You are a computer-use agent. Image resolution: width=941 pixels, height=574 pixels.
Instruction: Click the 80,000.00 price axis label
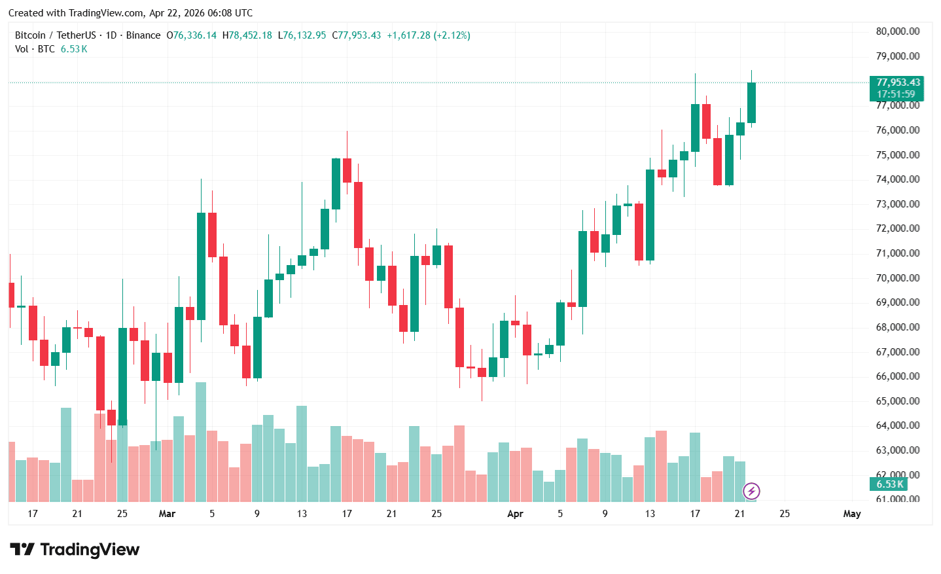click(x=897, y=31)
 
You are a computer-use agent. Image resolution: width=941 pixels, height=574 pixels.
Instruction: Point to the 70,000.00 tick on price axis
click(x=897, y=278)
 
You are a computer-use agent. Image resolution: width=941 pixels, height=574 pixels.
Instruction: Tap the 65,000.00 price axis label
click(x=897, y=401)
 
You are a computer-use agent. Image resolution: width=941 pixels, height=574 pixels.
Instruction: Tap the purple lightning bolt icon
click(x=751, y=491)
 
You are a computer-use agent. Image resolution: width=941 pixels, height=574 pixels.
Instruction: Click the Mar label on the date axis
click(x=167, y=514)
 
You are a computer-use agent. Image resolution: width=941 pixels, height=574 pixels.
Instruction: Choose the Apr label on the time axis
click(x=515, y=514)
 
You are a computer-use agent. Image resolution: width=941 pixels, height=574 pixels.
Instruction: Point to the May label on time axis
click(x=851, y=514)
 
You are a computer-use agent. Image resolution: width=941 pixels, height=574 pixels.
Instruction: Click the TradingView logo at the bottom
click(x=75, y=549)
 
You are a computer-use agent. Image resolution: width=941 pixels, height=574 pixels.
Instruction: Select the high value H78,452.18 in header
click(x=247, y=35)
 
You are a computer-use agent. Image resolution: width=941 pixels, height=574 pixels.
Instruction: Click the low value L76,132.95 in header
click(x=302, y=35)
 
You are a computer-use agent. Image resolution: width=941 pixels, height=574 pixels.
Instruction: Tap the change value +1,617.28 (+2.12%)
click(x=429, y=35)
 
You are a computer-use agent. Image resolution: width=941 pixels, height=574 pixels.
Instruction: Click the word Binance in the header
click(x=143, y=35)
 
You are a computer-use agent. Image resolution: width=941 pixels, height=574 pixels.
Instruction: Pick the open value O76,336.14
click(x=191, y=35)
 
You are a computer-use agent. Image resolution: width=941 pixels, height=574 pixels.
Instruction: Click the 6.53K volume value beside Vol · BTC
click(x=74, y=49)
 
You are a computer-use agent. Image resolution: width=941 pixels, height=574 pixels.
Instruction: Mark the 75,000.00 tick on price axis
click(x=897, y=155)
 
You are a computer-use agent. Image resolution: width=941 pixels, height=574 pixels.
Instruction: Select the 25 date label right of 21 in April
click(x=784, y=514)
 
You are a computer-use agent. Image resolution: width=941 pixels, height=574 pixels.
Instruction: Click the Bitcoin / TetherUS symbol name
click(x=56, y=35)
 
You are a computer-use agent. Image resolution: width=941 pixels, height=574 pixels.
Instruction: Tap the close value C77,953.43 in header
click(x=357, y=35)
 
